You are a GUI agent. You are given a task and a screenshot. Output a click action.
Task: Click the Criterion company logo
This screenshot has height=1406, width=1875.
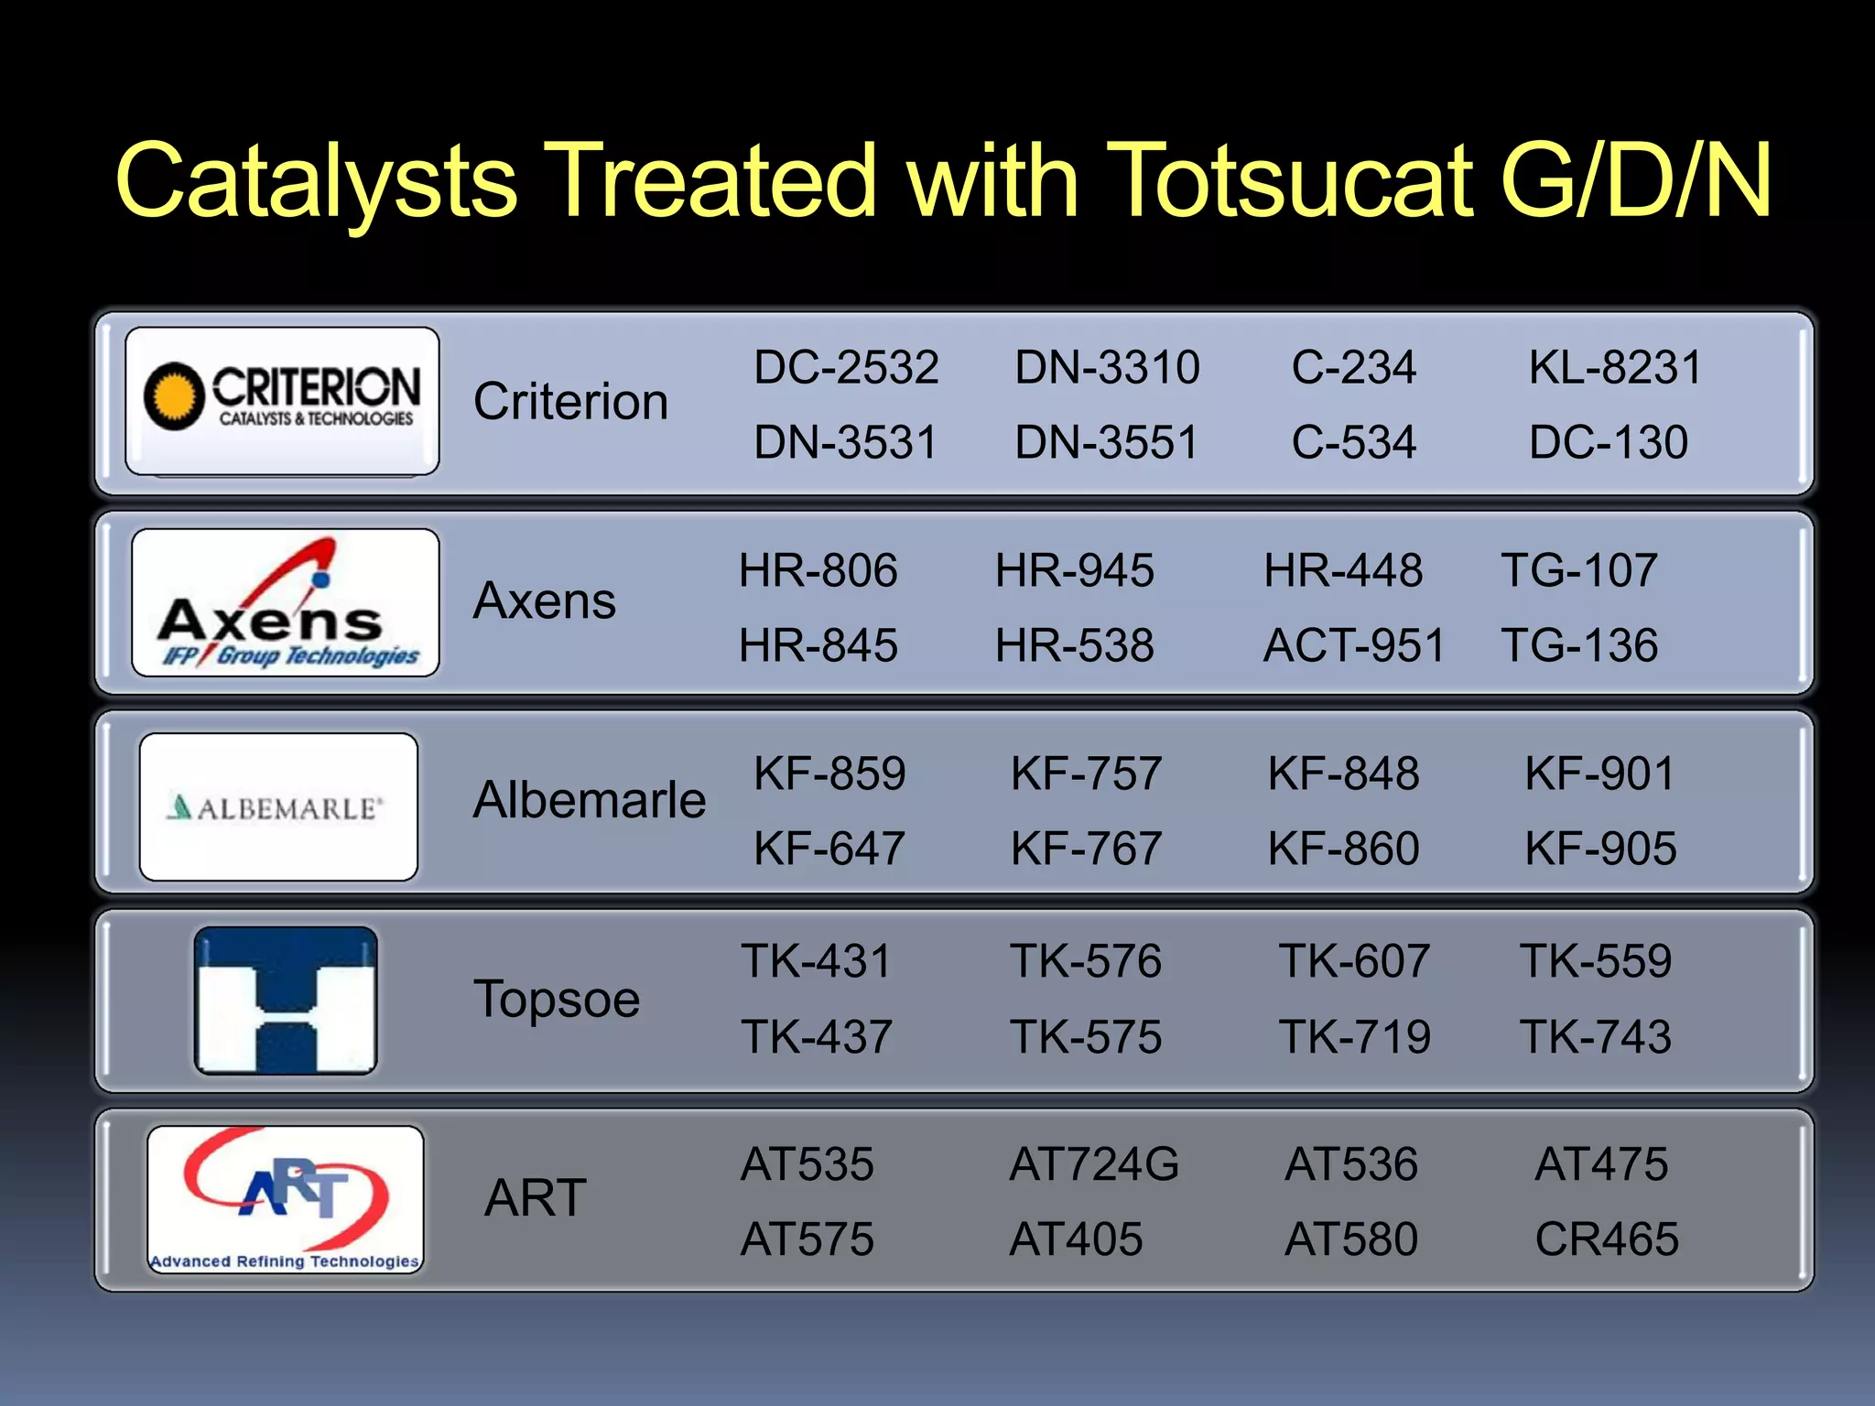click(x=282, y=400)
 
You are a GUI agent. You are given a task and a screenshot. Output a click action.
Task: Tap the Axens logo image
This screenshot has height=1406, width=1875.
click(x=286, y=602)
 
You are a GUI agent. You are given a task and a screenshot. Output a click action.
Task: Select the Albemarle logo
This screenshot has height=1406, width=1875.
click(x=278, y=806)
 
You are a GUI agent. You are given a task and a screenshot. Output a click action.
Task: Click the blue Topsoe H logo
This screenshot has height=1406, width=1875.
click(x=286, y=1000)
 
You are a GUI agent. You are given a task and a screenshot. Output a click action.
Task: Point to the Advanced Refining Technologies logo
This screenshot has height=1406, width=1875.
click(x=286, y=1198)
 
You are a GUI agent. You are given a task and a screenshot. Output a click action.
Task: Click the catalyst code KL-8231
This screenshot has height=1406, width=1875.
click(x=1615, y=368)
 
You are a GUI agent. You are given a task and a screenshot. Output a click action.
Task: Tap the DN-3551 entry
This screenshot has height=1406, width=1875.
click(x=1106, y=443)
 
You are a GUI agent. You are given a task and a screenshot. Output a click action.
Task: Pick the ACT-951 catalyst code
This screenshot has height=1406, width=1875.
click(x=1353, y=646)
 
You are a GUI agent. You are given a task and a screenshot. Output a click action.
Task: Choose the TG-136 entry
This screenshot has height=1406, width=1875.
click(x=1579, y=646)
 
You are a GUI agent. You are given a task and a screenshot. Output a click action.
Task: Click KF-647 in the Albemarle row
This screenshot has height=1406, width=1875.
click(x=829, y=849)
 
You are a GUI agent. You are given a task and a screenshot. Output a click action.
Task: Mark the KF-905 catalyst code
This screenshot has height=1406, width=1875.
click(x=1600, y=849)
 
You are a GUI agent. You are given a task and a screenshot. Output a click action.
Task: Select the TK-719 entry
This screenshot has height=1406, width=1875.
click(x=1354, y=1038)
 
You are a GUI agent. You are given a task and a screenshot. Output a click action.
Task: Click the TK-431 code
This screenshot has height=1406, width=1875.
click(x=816, y=962)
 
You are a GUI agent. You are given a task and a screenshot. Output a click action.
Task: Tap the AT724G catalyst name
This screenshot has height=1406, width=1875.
click(x=1094, y=1165)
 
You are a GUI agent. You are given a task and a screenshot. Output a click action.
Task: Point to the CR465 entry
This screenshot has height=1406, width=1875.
click(x=1607, y=1240)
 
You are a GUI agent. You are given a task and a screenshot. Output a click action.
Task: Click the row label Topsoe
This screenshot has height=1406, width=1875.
click(x=557, y=1000)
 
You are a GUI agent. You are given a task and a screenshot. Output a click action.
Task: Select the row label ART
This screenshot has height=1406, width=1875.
click(x=536, y=1198)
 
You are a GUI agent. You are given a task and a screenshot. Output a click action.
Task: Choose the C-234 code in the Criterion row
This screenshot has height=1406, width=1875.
click(x=1353, y=368)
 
